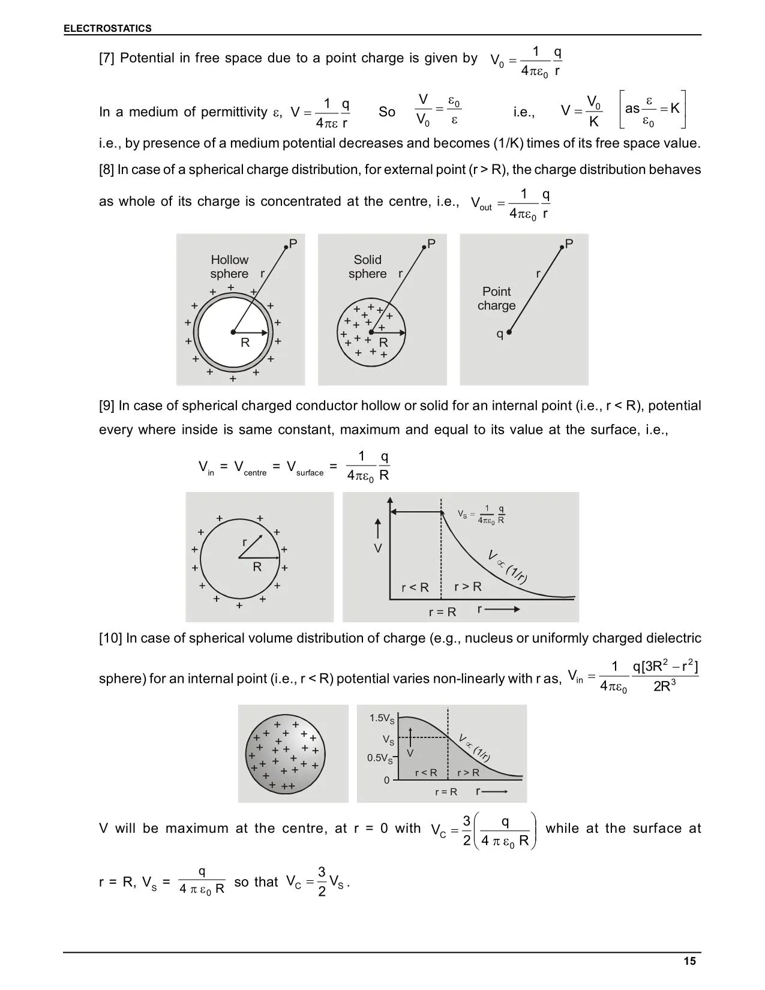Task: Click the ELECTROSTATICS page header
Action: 108,28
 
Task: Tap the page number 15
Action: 689,961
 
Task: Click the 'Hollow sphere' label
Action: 229,266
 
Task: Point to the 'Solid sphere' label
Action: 367,266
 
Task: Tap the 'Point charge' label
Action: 496,298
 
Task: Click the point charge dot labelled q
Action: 509,332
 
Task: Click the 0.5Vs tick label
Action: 380,758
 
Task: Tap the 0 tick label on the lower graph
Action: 386,780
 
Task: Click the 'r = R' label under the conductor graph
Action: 442,612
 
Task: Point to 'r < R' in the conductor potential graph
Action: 415,587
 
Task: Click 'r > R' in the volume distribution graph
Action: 468,773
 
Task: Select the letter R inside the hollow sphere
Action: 245,343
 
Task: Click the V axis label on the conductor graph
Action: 378,548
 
